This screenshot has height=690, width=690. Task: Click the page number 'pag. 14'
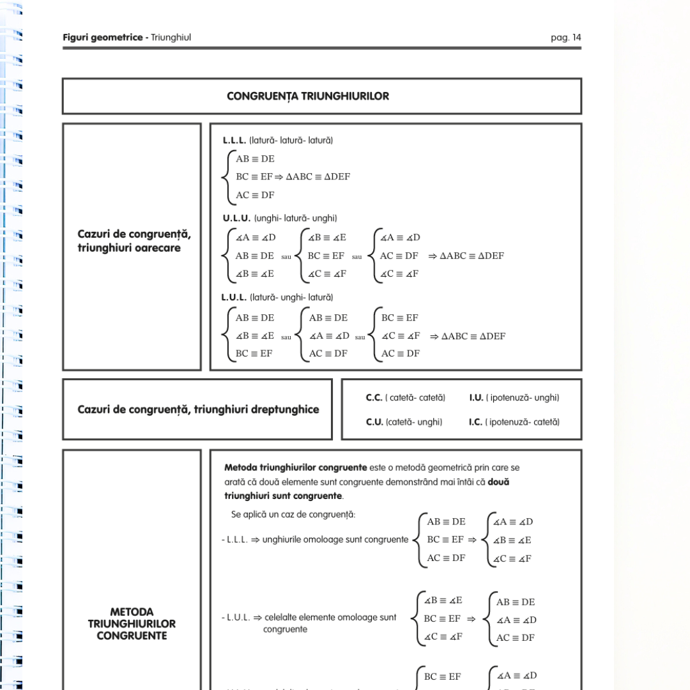click(x=565, y=38)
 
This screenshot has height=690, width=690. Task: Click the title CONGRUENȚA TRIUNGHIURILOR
click(x=308, y=96)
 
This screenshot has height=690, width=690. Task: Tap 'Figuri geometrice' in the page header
click(x=102, y=38)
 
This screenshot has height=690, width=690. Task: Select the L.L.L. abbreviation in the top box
click(x=234, y=140)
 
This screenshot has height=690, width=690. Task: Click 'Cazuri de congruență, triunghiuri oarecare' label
click(x=134, y=241)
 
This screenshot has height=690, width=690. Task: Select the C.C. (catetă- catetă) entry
click(x=405, y=398)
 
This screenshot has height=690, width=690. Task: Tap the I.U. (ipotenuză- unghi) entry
click(x=514, y=398)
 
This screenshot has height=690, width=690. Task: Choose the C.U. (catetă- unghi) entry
click(x=404, y=422)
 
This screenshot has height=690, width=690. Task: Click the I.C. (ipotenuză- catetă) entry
click(x=514, y=422)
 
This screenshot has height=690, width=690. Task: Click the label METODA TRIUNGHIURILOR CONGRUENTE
click(x=132, y=624)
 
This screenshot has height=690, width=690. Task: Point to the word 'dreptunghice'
click(x=283, y=410)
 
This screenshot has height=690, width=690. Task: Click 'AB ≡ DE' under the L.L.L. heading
click(x=255, y=159)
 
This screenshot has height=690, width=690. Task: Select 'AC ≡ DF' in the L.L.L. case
click(x=255, y=195)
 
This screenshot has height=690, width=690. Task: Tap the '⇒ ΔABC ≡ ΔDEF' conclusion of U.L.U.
click(x=466, y=256)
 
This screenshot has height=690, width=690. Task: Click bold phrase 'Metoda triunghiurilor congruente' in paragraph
click(x=296, y=468)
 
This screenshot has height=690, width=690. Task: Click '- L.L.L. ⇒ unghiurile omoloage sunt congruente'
click(x=315, y=540)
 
